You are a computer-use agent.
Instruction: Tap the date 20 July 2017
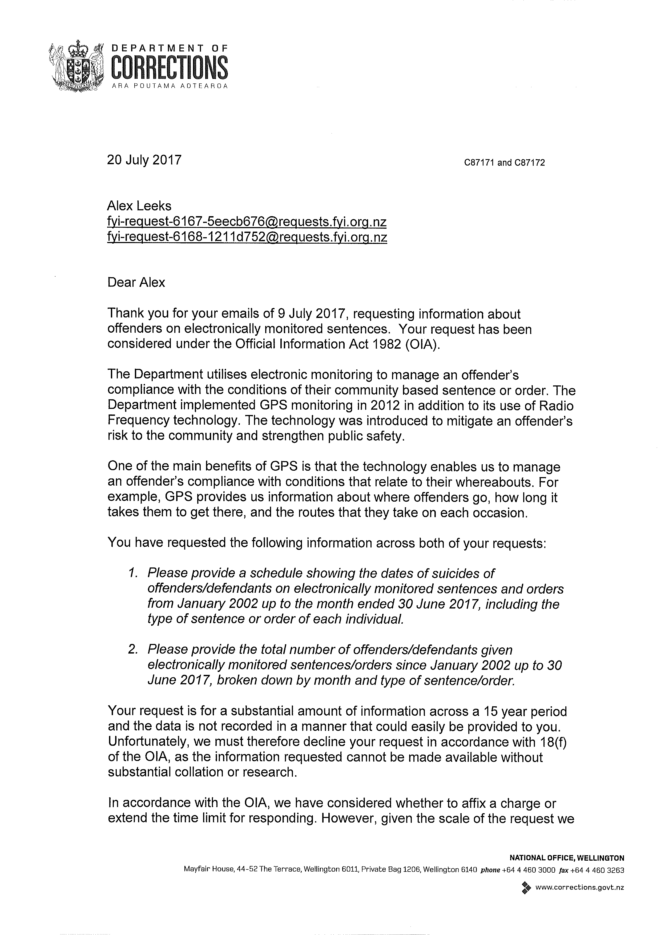(x=144, y=160)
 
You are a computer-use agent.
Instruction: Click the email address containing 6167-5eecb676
(x=247, y=222)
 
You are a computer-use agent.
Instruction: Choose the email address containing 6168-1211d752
(x=247, y=237)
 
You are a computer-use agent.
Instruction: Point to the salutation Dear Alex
(x=136, y=282)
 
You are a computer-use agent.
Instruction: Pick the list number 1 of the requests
(x=132, y=573)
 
